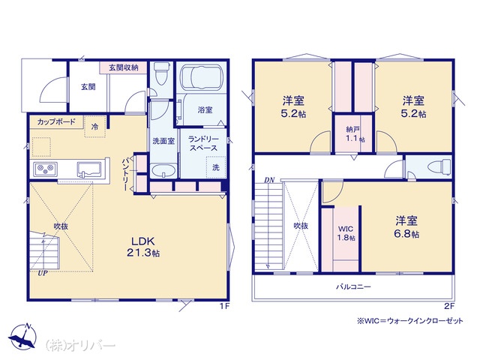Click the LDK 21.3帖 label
(x=143, y=247)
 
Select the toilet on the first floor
(x=161, y=73)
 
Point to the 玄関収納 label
(x=124, y=67)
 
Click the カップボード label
(x=56, y=121)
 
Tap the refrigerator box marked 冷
(x=95, y=127)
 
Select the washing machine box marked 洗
(x=216, y=167)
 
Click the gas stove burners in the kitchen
(x=46, y=169)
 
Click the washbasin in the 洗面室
(x=163, y=171)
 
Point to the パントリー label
(x=125, y=175)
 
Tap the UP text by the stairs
(x=43, y=273)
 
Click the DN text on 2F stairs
(x=270, y=180)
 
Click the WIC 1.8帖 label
(x=346, y=233)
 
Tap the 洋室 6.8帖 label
(x=406, y=226)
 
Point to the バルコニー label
(x=353, y=286)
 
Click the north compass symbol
(x=22, y=335)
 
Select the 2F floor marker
(x=448, y=306)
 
